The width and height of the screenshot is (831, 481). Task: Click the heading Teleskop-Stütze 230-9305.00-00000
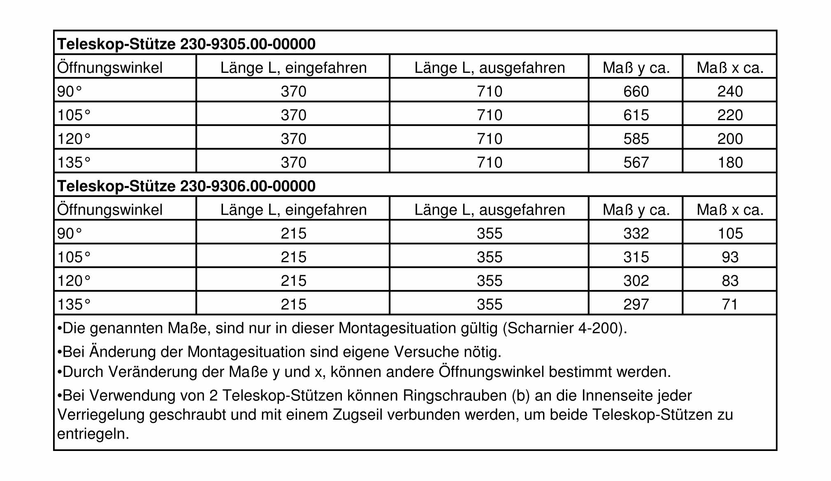point(186,44)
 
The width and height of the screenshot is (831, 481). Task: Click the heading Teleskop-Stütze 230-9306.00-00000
point(186,186)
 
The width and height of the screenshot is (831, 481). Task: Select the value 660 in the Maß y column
point(636,91)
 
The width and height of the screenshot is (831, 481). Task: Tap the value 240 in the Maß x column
point(730,91)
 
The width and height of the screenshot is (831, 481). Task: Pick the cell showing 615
point(636,115)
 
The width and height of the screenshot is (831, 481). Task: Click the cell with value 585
point(636,139)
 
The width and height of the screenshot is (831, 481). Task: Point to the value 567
point(636,162)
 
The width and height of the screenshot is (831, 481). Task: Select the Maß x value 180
point(730,162)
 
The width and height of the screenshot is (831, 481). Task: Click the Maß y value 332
point(636,233)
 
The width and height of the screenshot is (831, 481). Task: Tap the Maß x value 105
point(730,233)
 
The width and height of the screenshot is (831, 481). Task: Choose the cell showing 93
point(730,257)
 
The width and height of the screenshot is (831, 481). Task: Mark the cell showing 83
point(730,281)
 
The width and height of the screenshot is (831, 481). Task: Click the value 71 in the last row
point(730,304)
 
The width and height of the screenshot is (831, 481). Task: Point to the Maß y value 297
point(636,304)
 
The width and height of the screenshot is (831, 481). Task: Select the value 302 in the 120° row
point(636,281)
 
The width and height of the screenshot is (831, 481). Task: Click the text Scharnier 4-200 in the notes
point(563,328)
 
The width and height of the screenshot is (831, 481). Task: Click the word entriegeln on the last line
point(93,434)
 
